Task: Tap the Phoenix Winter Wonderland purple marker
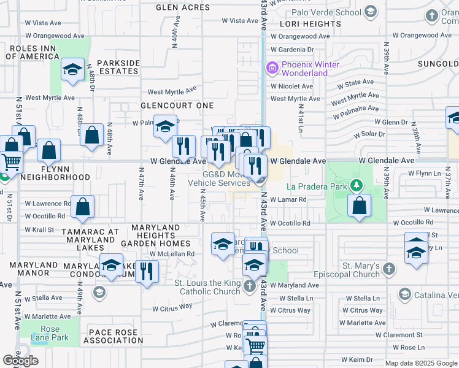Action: point(271,67)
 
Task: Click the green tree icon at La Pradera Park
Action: point(355,185)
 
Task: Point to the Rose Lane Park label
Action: point(50,333)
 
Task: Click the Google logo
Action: point(20,361)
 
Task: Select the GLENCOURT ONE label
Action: point(177,105)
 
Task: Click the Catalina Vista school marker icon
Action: point(404,295)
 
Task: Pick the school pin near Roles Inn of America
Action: point(72,69)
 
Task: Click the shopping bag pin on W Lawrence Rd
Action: point(82,207)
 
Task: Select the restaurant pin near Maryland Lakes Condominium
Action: point(147,271)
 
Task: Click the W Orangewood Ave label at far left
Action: point(54,36)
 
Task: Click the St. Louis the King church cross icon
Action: point(250,286)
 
